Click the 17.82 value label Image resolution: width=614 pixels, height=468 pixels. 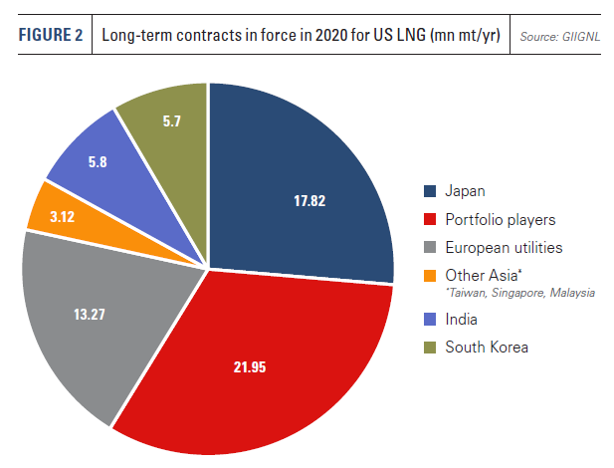[309, 200]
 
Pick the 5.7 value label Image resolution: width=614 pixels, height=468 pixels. [169, 121]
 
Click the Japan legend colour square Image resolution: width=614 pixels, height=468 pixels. [430, 191]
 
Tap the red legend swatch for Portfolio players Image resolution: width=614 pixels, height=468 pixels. [430, 219]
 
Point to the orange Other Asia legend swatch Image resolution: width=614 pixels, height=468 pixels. [430, 274]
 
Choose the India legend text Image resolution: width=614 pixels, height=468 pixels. [462, 320]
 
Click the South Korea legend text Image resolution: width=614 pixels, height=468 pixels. [488, 347]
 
